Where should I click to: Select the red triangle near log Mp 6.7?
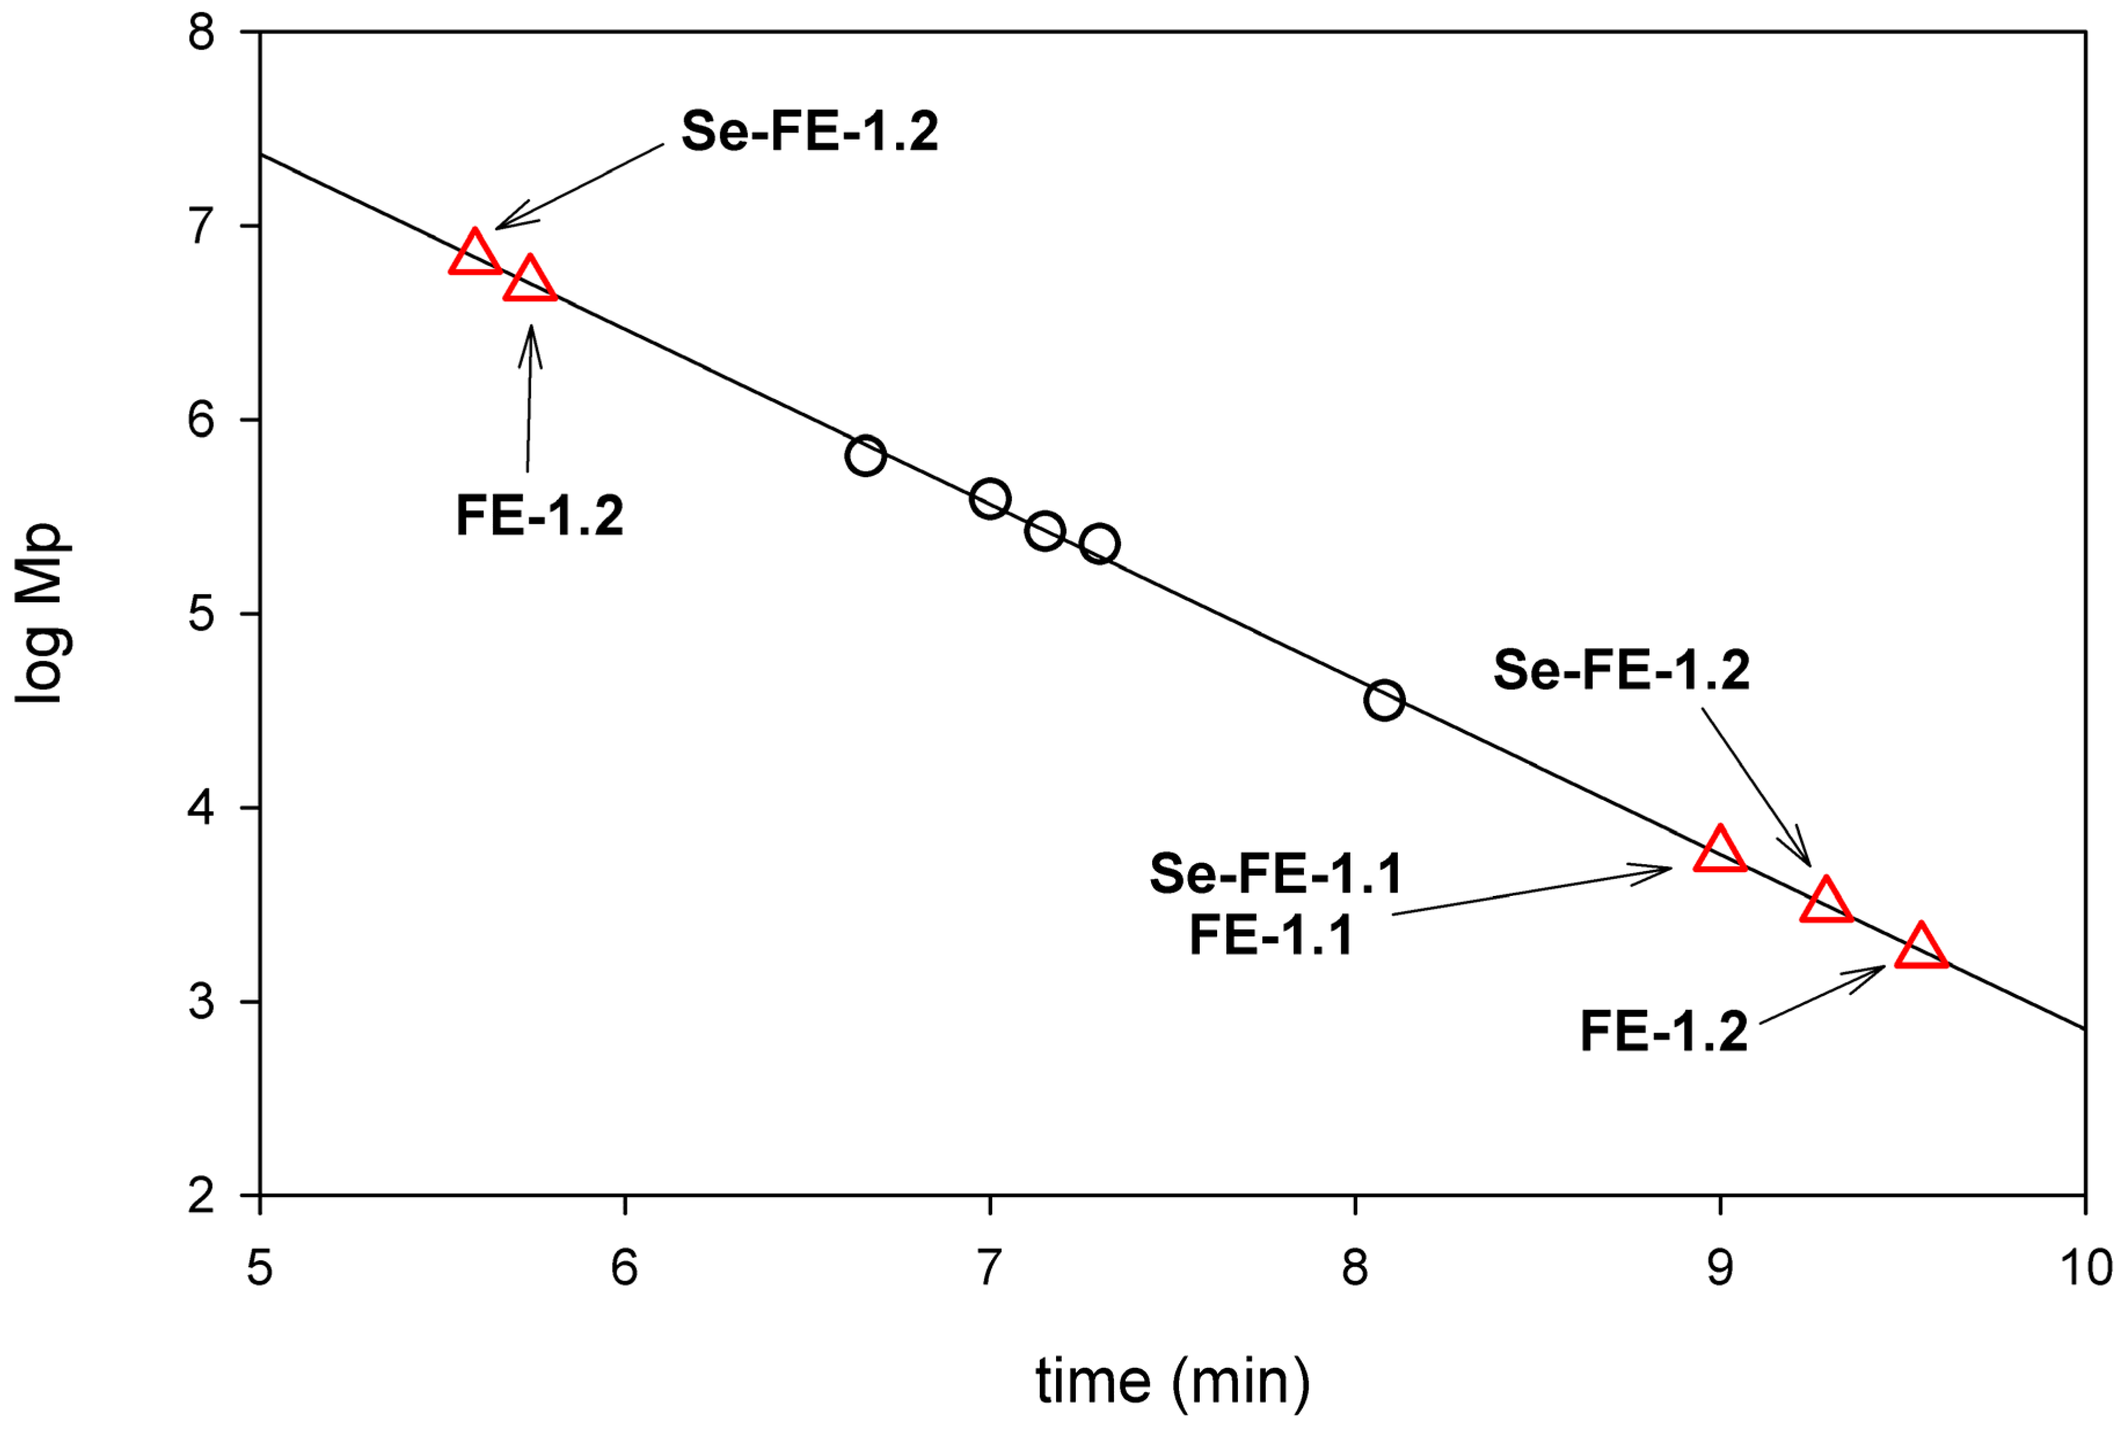click(530, 281)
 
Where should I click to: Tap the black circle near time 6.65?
click(865, 455)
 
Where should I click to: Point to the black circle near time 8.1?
click(1384, 700)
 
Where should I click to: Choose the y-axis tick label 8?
click(201, 33)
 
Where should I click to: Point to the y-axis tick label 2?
click(201, 1195)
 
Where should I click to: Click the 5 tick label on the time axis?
click(260, 1268)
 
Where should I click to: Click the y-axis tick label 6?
click(201, 420)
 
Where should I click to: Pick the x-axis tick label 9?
click(1720, 1268)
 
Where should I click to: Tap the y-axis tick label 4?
click(201, 808)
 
